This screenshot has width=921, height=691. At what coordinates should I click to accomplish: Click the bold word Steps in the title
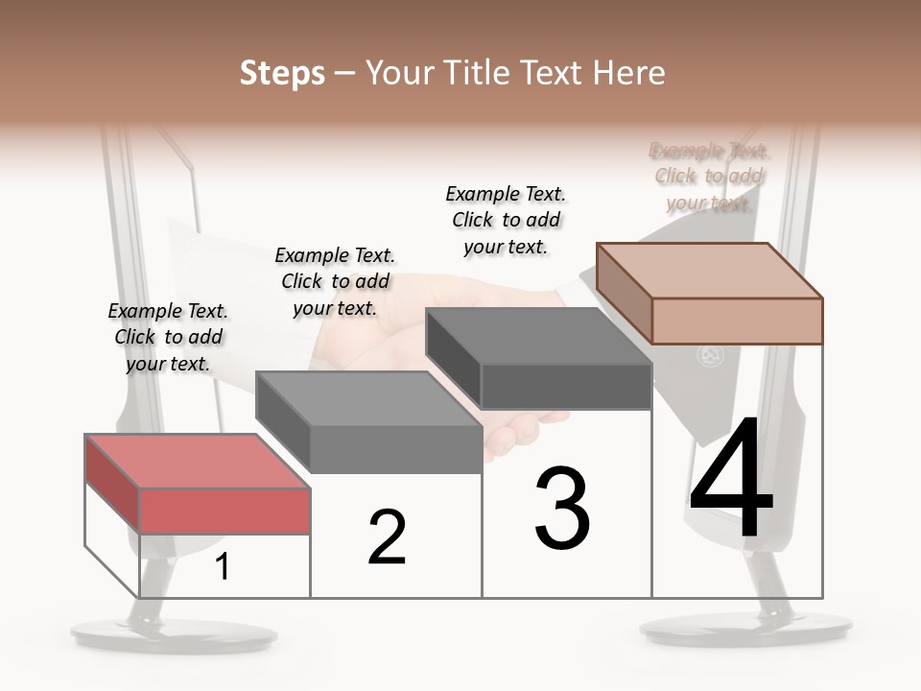click(x=282, y=73)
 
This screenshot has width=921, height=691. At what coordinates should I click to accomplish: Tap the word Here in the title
click(x=628, y=73)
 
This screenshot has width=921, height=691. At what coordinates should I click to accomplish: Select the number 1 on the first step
click(x=223, y=567)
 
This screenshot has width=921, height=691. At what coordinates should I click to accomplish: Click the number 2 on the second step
click(x=387, y=537)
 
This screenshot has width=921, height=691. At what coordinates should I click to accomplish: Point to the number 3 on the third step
click(x=562, y=509)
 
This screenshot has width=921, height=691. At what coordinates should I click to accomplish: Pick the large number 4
click(x=732, y=481)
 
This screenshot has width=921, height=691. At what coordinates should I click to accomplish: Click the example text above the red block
click(x=168, y=337)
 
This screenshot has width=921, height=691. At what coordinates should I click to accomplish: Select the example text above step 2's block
click(x=335, y=281)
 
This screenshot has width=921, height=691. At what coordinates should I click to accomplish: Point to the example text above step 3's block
click(x=506, y=220)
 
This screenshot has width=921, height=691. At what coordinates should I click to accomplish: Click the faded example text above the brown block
click(x=709, y=177)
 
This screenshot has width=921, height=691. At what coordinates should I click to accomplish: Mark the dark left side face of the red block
click(x=112, y=484)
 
